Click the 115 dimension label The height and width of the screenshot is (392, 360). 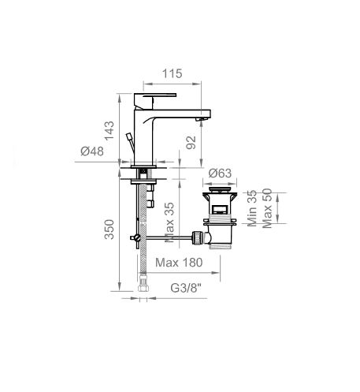pos(172,73)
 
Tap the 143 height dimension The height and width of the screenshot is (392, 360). pos(109,131)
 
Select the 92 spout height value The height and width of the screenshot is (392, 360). pos(191,143)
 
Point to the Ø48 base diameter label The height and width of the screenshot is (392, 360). pos(92,151)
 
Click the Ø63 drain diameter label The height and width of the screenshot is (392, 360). pos(220,174)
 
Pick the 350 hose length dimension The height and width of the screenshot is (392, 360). pos(109,230)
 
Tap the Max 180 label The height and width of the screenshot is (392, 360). pos(179,263)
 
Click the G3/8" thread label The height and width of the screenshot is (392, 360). pos(186,288)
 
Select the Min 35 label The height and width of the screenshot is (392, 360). pos(252,208)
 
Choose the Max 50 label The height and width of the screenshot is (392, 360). pos(267,208)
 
